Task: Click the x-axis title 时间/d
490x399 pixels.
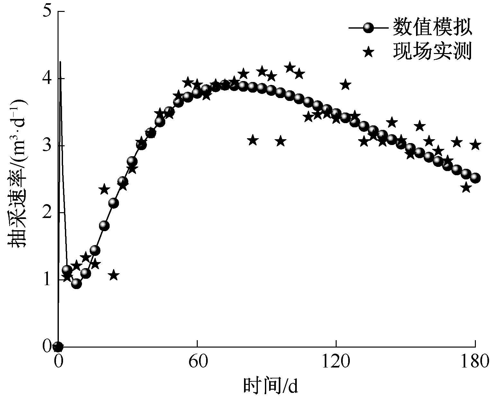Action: point(270,386)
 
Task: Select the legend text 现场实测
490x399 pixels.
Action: point(432,51)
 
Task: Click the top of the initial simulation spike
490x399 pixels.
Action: point(60,62)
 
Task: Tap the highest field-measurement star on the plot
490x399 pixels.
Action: point(290,68)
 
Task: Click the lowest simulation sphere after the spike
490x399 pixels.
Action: point(76,283)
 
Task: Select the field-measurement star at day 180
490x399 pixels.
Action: point(476,145)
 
